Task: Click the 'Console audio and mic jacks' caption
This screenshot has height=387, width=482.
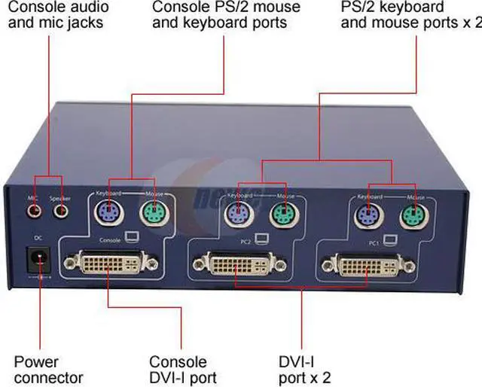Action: click(x=58, y=15)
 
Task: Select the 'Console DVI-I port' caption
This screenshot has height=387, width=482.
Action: click(x=182, y=370)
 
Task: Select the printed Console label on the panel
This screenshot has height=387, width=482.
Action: click(x=110, y=241)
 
